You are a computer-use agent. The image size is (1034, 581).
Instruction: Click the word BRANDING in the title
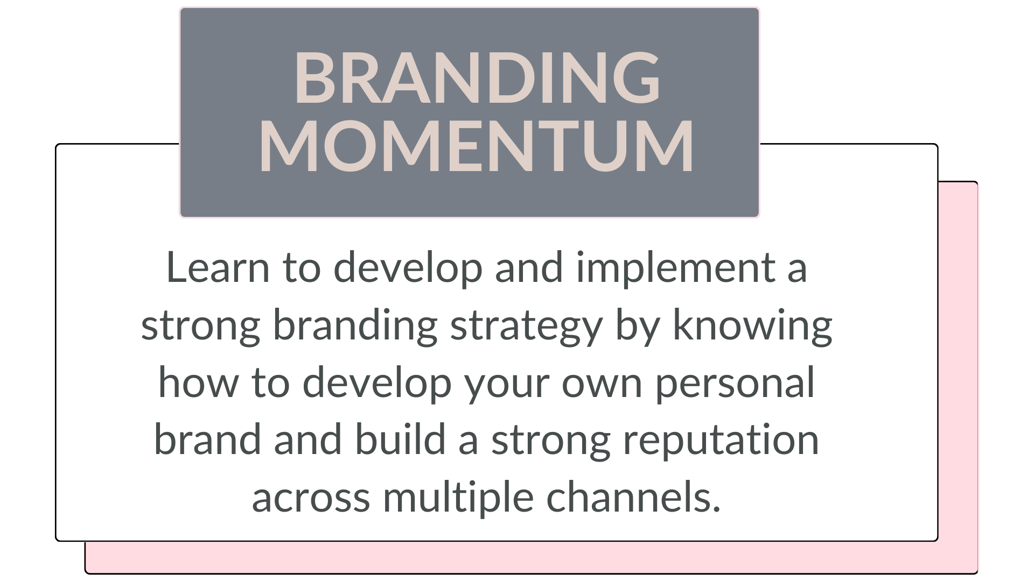click(477, 77)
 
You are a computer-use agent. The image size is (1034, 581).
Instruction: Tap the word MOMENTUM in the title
click(477, 146)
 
